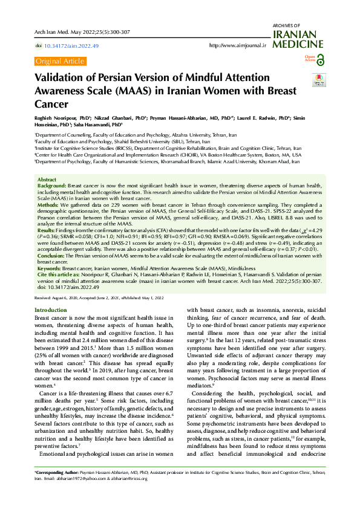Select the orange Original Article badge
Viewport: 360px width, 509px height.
pos(60,61)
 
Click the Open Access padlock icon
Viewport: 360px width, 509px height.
pos(320,60)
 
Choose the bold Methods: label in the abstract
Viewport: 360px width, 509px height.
pos(48,205)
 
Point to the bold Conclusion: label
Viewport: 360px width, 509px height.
pos(51,255)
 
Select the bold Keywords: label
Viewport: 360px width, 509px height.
pos(50,267)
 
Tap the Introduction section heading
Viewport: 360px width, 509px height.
pos(51,310)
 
